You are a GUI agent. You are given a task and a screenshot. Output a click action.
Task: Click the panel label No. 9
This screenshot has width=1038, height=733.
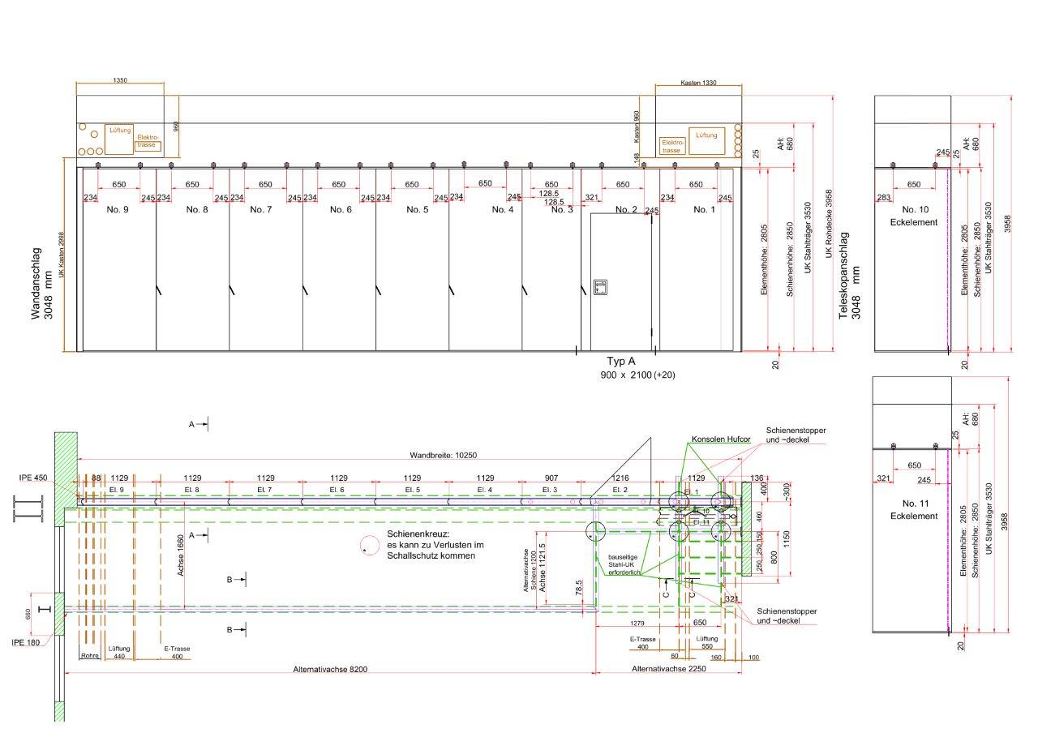pyautogui.click(x=118, y=209)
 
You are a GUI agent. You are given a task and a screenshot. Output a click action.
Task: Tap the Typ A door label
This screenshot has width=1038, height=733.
pyautogui.click(x=622, y=361)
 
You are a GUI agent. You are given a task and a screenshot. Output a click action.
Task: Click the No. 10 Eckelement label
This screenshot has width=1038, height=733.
pyautogui.click(x=912, y=215)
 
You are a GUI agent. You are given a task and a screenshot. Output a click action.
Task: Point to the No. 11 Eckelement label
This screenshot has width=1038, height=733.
pyautogui.click(x=912, y=509)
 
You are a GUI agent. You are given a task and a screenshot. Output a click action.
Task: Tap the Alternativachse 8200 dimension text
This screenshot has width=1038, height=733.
pyautogui.click(x=331, y=670)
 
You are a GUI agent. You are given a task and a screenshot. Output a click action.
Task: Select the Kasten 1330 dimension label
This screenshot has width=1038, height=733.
pyautogui.click(x=698, y=84)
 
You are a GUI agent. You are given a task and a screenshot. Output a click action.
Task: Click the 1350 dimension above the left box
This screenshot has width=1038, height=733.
pyautogui.click(x=120, y=81)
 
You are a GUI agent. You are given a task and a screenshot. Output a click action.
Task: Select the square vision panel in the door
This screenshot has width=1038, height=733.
pyautogui.click(x=601, y=287)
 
